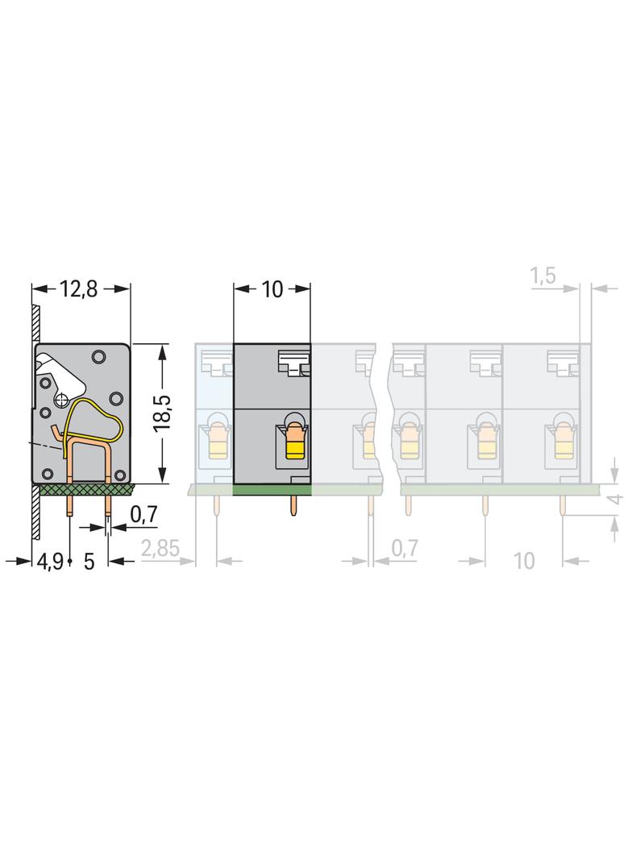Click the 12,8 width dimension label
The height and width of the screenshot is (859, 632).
pyautogui.click(x=78, y=288)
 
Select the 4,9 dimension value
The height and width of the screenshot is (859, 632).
pyautogui.click(x=51, y=561)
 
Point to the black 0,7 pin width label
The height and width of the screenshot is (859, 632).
pyautogui.click(x=143, y=514)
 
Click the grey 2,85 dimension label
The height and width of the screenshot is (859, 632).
pyautogui.click(x=160, y=549)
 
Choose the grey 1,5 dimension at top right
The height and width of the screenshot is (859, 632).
pyautogui.click(x=543, y=276)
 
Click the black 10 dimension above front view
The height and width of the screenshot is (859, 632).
pyautogui.click(x=272, y=288)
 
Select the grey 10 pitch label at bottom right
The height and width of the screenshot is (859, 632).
pyautogui.click(x=524, y=560)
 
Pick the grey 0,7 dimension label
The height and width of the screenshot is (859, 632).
pyautogui.click(x=404, y=548)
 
